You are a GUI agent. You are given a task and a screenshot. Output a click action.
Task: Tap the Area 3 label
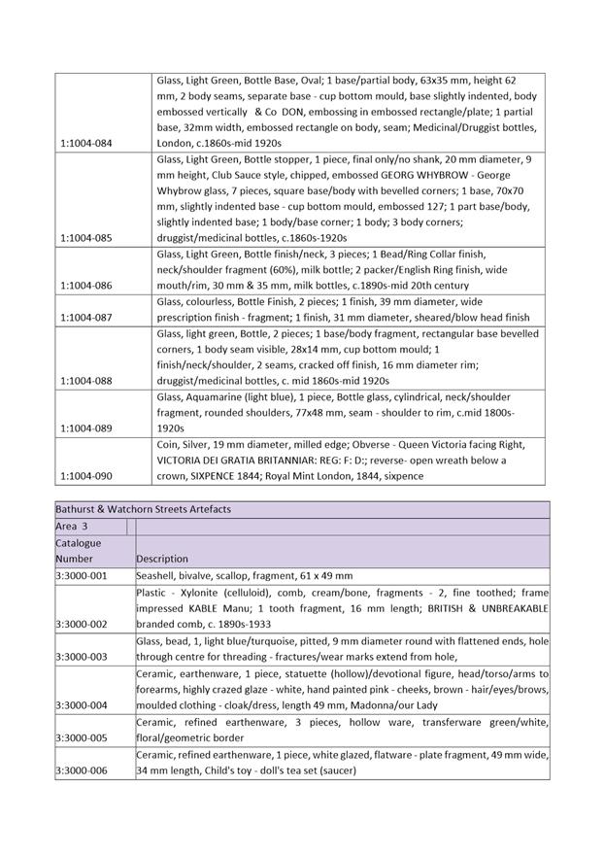72,526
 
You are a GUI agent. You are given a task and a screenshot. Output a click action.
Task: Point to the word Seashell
158,575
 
